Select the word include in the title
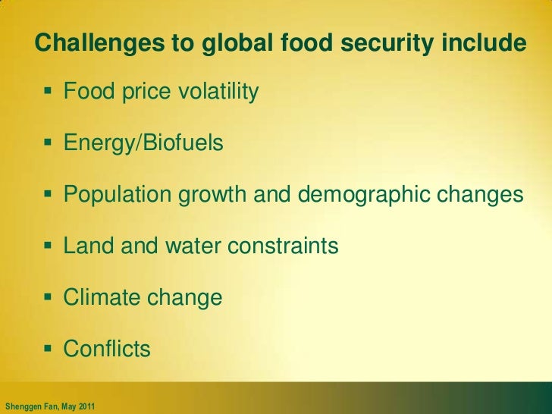click(483, 44)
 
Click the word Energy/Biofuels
click(143, 143)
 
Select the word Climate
click(99, 297)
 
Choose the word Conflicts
click(107, 349)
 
